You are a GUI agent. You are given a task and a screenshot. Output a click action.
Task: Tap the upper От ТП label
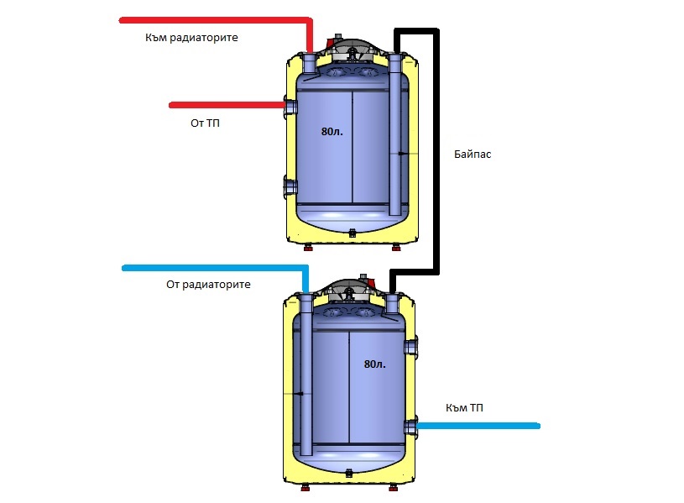[205, 123]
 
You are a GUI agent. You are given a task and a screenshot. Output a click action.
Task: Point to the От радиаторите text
[209, 285]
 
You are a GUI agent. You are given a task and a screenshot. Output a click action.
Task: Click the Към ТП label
[464, 407]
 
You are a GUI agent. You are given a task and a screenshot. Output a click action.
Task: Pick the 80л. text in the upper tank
[332, 132]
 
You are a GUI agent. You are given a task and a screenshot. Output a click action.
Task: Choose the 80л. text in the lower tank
[374, 364]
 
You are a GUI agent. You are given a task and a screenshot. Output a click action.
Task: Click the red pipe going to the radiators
[210, 18]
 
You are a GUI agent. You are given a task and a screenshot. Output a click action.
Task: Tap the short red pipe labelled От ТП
[227, 105]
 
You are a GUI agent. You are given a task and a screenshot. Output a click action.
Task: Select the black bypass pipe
[436, 151]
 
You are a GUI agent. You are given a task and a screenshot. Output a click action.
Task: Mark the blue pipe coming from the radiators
[210, 268]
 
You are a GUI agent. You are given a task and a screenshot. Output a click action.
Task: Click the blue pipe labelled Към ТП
[478, 426]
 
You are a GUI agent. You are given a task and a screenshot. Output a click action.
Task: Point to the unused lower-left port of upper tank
[290, 186]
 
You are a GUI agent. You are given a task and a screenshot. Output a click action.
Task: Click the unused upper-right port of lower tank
[410, 346]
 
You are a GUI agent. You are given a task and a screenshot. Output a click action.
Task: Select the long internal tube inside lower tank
[304, 378]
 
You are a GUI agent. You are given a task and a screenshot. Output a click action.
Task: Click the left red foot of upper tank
[308, 247]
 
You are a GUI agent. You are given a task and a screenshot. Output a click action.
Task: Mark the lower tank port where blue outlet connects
[410, 425]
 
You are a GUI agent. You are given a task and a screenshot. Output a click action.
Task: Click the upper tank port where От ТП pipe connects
[290, 106]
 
